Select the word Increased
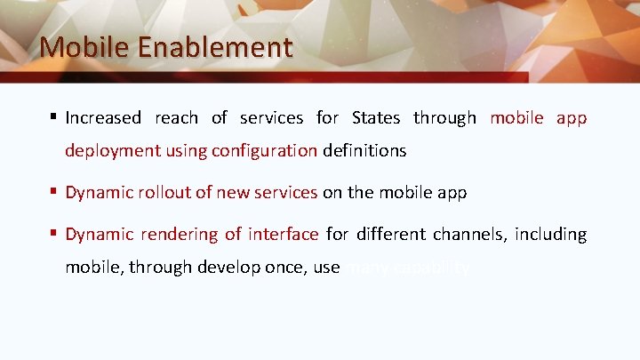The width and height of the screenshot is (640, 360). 103,118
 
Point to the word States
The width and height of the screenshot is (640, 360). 376,118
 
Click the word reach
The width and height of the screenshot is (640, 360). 176,118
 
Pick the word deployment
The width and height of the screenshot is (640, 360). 111,151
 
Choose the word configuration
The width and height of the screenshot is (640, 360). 264,151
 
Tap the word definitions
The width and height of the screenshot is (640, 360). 364,151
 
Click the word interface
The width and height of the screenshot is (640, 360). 283,235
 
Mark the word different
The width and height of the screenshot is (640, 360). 391,235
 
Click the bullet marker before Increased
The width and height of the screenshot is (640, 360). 54,117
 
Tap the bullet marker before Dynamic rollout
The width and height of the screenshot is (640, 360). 54,191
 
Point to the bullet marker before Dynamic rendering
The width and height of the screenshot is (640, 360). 54,234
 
